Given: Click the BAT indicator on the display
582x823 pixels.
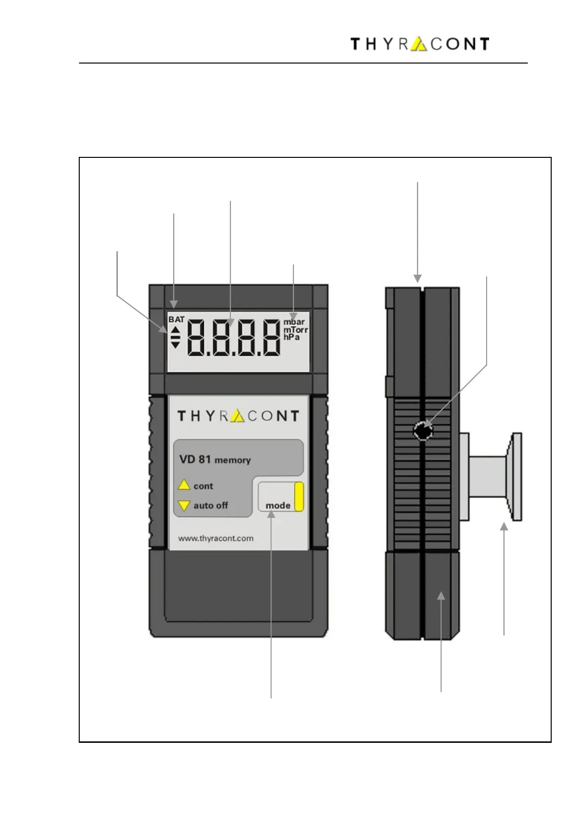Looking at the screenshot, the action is coord(177,320).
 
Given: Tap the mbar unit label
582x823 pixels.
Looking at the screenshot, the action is coord(294,322).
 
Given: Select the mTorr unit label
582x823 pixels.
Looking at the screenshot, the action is coord(295,330).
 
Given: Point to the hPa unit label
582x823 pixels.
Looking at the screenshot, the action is coord(291,337).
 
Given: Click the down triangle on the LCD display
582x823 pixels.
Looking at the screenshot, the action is coord(175,345).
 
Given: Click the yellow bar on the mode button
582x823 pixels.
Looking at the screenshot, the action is coord(299,497).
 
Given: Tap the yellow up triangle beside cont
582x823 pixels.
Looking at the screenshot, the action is coord(184,485).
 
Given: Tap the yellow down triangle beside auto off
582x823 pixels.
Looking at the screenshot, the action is coord(184,506).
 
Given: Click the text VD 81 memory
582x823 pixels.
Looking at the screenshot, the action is coord(215,459).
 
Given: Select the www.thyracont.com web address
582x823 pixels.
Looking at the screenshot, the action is coord(216,539).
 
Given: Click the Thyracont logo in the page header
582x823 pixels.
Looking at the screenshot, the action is coord(420,44).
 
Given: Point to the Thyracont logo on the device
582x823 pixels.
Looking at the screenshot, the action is coord(238,416).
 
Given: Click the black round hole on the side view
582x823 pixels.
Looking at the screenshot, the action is coord(423,431).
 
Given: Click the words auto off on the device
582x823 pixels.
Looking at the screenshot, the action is coord(210,506).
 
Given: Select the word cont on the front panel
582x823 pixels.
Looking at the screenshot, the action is coord(203,486).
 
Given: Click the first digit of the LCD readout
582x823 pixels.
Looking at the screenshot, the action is coord(199,338).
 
